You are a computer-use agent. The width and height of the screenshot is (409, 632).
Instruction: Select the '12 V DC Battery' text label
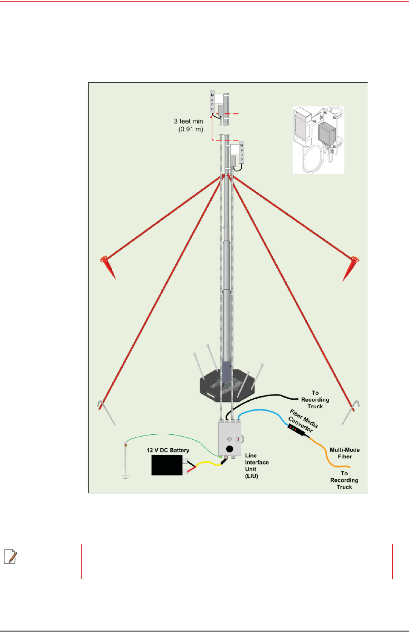coord(168,450)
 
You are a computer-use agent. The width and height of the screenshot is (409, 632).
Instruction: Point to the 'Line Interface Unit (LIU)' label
coord(257,466)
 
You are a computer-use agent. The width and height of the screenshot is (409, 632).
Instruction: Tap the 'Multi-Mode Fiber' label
coord(344,453)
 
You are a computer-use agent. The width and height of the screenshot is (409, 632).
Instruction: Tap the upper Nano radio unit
coord(212,102)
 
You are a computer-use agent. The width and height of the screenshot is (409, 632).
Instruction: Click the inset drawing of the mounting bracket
coord(318,140)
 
